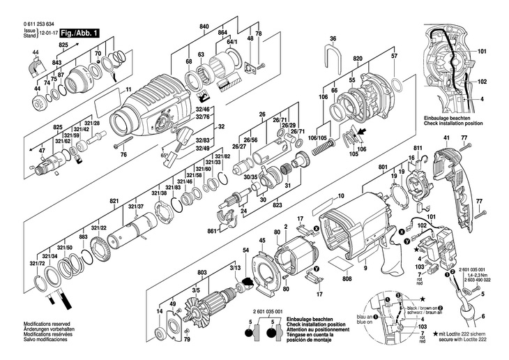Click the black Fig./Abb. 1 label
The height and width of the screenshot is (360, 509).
pos(79,33)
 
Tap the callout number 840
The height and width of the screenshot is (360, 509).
pos(204,26)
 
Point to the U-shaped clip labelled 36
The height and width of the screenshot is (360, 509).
pos(334,54)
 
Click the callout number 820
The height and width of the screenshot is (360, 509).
pos(358,59)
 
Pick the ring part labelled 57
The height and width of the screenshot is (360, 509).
pos(398,86)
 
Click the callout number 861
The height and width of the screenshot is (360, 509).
pos(211,230)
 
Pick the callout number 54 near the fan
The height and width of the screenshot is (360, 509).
pos(245,250)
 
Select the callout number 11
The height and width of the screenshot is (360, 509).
pos(129,89)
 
